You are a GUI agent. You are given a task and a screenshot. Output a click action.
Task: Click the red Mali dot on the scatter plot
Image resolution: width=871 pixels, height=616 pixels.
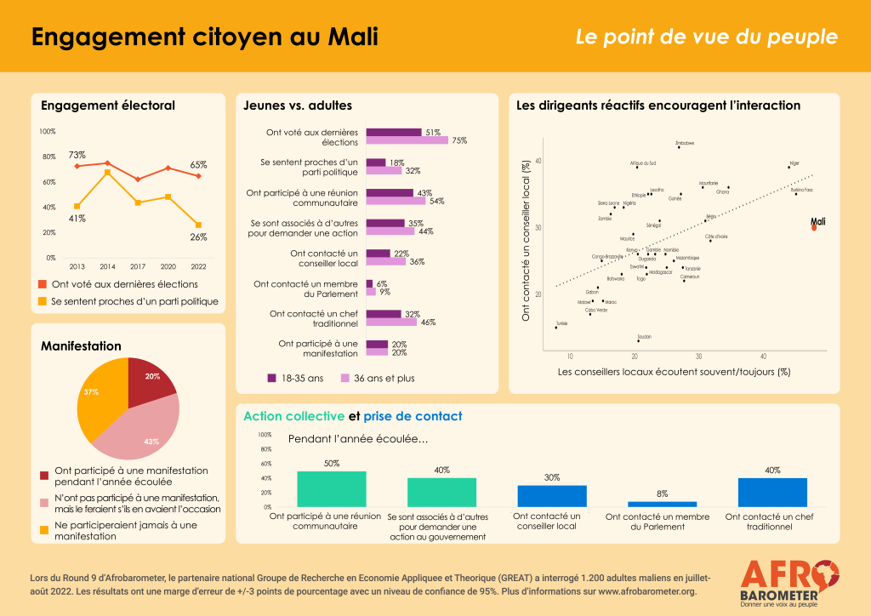point(813,227)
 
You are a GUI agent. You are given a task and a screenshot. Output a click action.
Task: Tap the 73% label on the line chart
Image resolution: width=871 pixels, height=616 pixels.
point(77,155)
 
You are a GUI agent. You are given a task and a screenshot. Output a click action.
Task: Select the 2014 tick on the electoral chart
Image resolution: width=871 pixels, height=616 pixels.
point(107,265)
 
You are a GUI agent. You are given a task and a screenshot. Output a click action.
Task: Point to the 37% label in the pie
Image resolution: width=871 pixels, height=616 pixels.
point(91,391)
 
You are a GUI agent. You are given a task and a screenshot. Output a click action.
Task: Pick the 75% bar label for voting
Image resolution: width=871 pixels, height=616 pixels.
point(459,140)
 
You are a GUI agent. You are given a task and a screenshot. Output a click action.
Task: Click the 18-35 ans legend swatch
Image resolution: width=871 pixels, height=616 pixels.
point(272,378)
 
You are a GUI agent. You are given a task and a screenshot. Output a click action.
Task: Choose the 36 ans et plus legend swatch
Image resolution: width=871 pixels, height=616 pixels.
point(345,378)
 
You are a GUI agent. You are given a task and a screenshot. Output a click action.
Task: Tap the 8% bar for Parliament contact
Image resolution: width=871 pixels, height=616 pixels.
point(656,504)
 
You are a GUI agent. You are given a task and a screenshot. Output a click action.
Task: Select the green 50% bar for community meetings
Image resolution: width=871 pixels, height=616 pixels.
point(331,488)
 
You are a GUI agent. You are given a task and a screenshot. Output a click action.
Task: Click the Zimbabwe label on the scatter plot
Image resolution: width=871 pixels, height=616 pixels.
point(684,143)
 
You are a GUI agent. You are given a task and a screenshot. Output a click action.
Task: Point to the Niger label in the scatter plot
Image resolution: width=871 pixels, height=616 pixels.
point(794,162)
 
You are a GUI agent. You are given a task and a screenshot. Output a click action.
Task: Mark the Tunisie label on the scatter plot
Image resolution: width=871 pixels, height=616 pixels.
point(561,323)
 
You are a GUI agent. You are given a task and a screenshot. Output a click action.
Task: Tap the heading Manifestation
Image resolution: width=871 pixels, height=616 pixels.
point(81,346)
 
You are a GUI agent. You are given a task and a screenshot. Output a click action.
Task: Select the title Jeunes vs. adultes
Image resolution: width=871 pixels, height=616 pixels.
point(297,106)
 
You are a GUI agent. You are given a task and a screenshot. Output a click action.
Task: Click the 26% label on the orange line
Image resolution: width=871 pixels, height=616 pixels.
point(197,237)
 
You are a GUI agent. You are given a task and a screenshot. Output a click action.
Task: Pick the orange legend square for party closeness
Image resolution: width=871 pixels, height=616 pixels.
point(43,301)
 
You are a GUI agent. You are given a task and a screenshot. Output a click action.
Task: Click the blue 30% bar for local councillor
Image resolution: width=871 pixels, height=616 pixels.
point(552,496)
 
